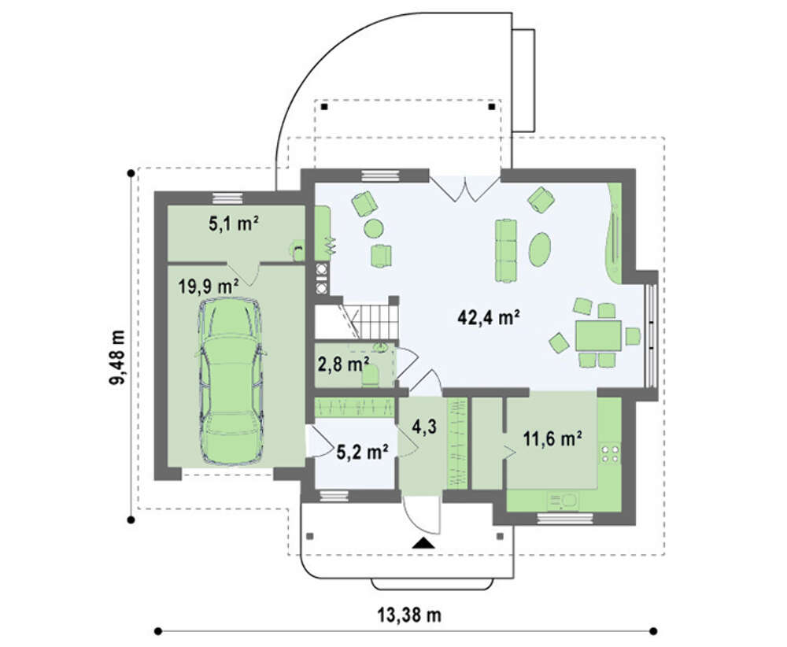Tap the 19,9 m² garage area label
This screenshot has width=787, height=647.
[208, 286]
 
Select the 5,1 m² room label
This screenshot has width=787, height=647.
[234, 224]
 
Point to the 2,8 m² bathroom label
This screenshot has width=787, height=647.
[344, 364]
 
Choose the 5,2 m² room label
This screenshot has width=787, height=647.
[362, 453]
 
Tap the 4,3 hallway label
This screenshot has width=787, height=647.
[424, 427]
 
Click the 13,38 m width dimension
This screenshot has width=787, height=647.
[409, 615]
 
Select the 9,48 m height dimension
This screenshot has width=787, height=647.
[117, 357]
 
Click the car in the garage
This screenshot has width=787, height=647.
[231, 382]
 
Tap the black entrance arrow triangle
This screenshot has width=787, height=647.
[424, 542]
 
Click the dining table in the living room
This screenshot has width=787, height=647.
[598, 336]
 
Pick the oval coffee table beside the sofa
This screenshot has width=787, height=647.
[540, 249]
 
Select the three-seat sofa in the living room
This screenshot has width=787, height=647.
[506, 250]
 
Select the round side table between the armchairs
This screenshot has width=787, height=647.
[374, 229]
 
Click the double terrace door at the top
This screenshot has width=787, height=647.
[465, 189]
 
